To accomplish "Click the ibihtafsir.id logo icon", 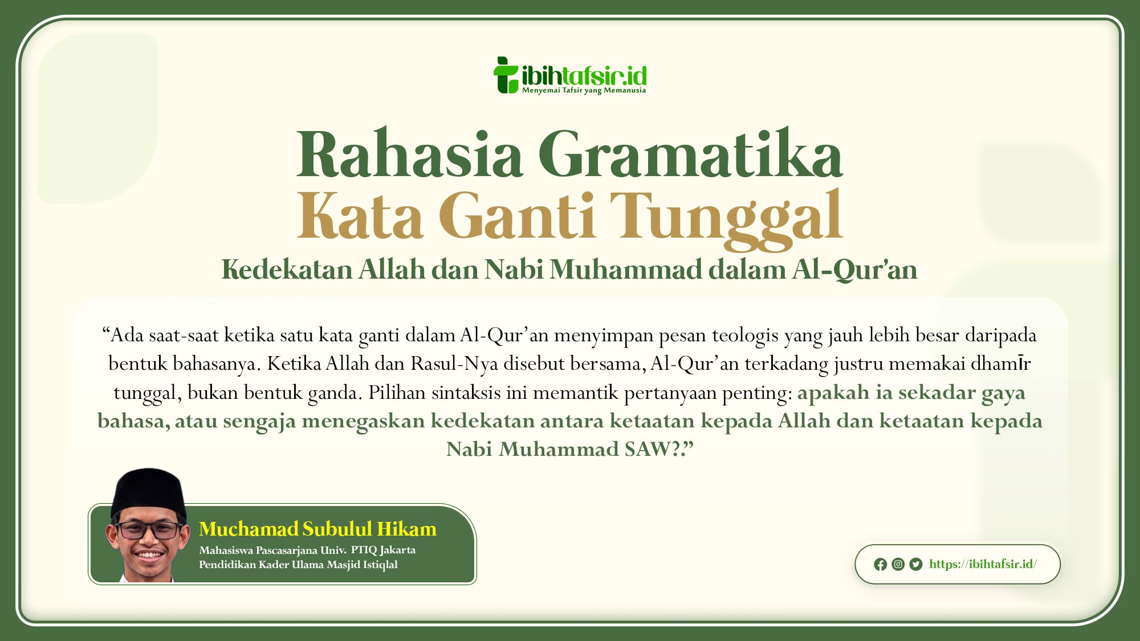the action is (x=506, y=75).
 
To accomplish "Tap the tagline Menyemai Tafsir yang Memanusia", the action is (x=584, y=91).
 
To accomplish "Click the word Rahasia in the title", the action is (x=409, y=154).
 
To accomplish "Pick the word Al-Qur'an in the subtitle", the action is (x=854, y=270).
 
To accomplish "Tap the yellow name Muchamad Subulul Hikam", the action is (x=317, y=529).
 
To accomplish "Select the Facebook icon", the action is (x=880, y=564).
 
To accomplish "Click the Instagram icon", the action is (x=898, y=564).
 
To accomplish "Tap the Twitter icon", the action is (x=916, y=564).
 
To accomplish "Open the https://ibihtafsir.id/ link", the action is (x=983, y=564).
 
